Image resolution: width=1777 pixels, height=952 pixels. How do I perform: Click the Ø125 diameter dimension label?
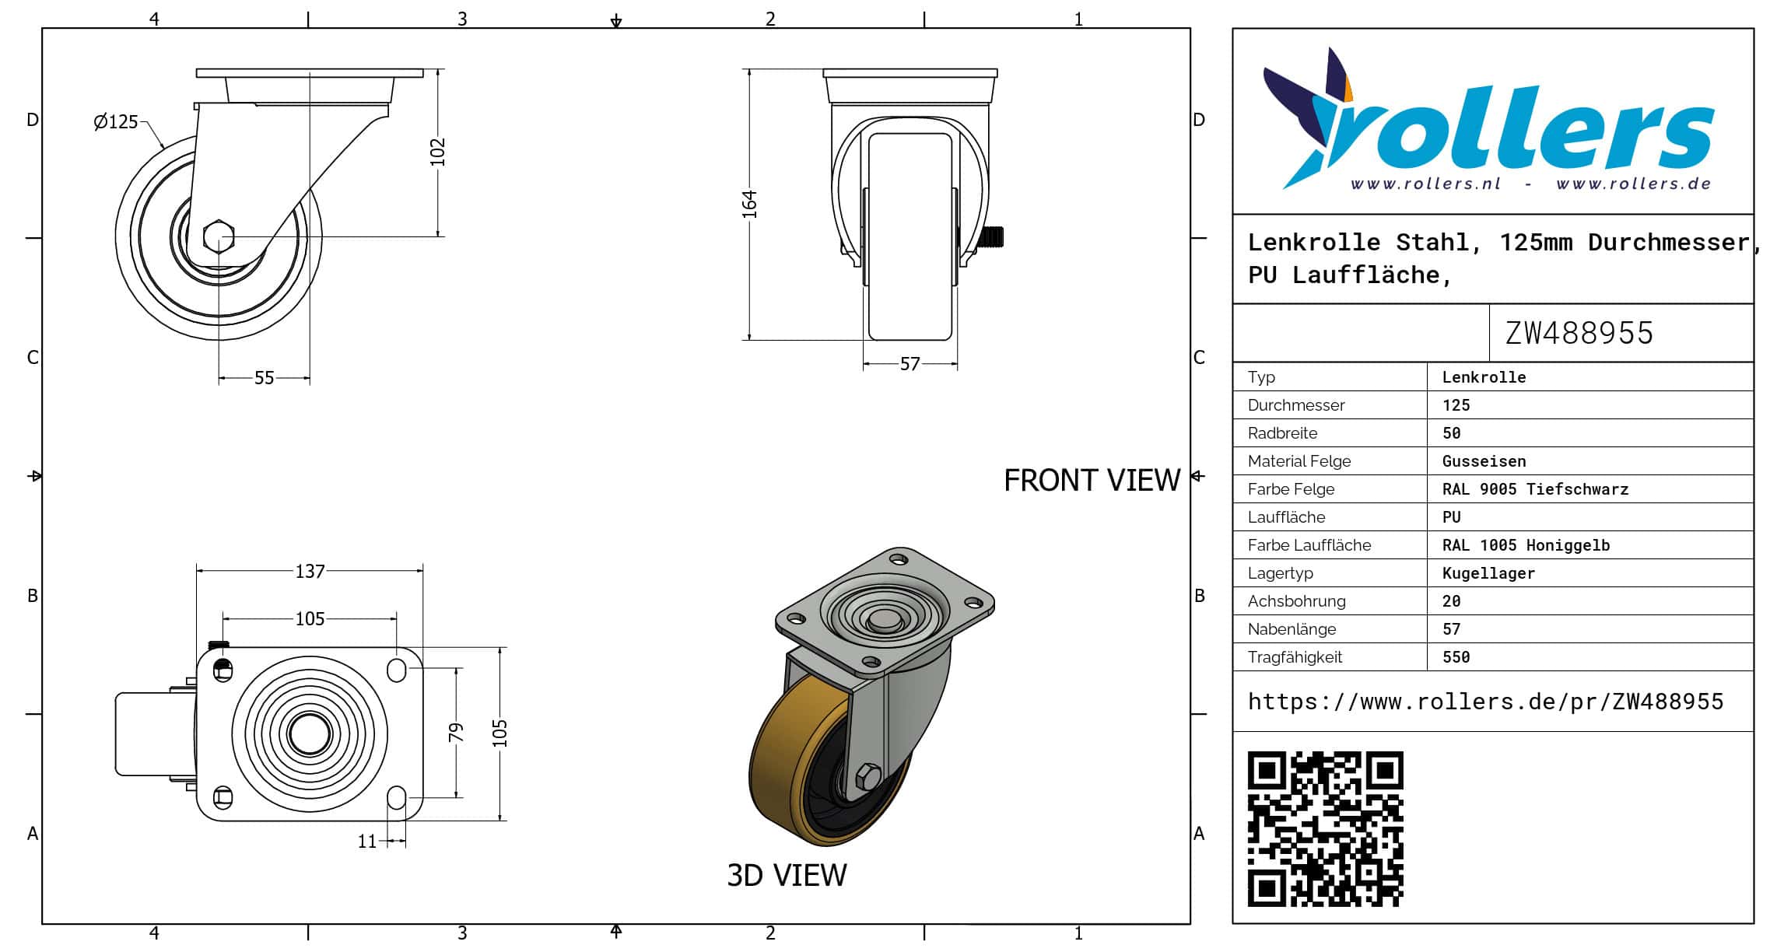click(x=115, y=122)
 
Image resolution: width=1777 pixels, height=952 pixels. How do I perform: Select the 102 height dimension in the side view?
click(x=437, y=152)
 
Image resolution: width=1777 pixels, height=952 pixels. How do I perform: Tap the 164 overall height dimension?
click(x=748, y=204)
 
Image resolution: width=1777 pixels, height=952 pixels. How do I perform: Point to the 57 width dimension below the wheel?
click(x=910, y=364)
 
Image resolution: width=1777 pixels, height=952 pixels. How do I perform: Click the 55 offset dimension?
click(x=265, y=378)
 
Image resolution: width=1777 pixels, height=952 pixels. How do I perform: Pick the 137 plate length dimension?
click(x=310, y=572)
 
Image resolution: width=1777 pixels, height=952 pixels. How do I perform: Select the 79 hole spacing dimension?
click(x=456, y=732)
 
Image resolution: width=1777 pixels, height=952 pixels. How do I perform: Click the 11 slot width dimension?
click(x=367, y=841)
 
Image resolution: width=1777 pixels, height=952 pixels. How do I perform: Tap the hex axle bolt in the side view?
click(x=219, y=236)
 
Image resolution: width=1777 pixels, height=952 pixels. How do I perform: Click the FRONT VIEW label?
click(x=1092, y=481)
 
